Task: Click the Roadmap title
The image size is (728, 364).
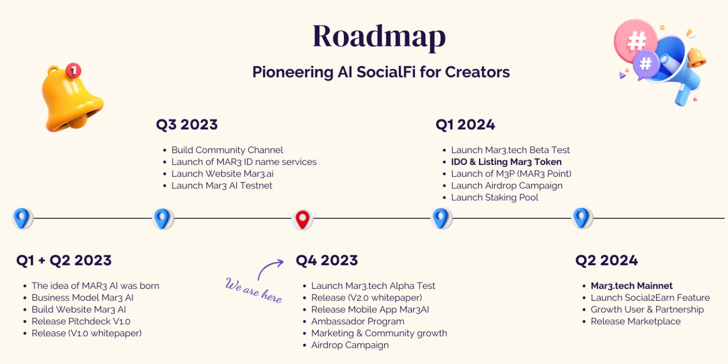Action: tap(379, 36)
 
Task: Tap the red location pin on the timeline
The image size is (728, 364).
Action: tap(302, 219)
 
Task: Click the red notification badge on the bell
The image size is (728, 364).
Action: tap(73, 71)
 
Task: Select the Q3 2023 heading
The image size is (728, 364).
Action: tap(187, 125)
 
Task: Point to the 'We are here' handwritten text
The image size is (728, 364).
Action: tap(253, 290)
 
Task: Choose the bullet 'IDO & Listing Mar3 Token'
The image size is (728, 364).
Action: tap(506, 162)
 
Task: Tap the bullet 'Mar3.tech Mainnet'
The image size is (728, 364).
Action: tap(631, 286)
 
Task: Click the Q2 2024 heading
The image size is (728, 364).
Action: tap(606, 260)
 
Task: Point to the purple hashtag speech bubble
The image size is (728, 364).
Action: tap(645, 64)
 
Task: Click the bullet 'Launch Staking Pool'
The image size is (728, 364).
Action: tap(495, 198)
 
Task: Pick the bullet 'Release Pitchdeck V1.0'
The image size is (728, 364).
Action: tap(81, 322)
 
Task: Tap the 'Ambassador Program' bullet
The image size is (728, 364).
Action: tap(358, 322)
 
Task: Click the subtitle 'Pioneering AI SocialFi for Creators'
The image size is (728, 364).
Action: tap(381, 72)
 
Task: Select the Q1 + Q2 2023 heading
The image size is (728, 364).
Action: tap(64, 260)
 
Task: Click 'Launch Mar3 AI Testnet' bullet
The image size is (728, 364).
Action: tap(222, 186)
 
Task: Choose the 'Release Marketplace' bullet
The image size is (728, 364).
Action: tap(635, 322)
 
